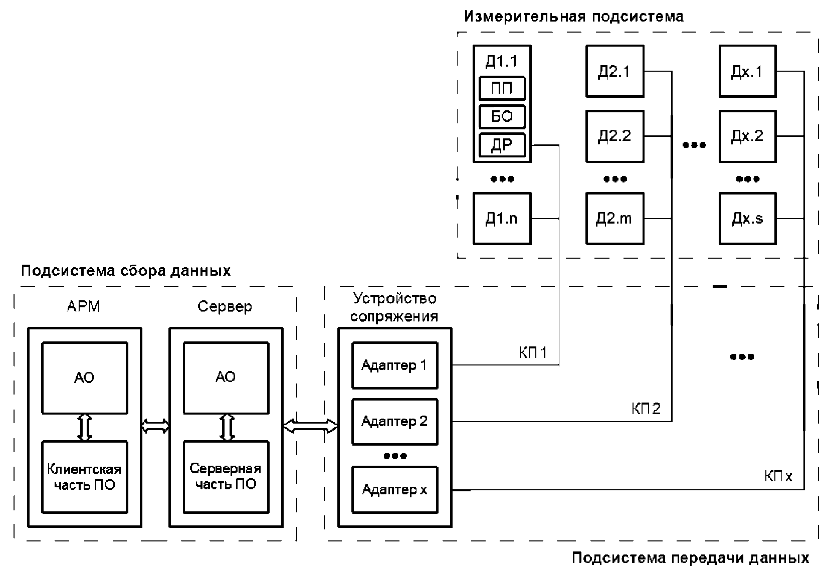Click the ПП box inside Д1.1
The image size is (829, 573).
pos(502,89)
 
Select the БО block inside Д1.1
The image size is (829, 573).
pos(502,117)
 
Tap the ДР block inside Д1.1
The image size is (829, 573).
pos(502,145)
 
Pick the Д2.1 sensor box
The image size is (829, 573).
pos(615,71)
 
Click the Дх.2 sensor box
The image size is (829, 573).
pos(747,136)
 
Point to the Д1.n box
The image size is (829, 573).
pos(502,219)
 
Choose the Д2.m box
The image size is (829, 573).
pos(615,219)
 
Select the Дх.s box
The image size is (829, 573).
pos(747,219)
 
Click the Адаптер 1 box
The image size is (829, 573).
pos(394,365)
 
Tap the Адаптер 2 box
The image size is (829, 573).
pos(394,422)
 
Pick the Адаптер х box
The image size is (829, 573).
pos(394,490)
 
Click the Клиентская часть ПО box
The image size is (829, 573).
pos(84,477)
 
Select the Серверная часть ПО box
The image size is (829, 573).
pos(226,477)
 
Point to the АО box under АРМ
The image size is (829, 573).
pos(84,377)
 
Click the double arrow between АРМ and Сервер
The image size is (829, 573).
pos(155,426)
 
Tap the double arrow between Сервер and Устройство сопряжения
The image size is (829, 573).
pos(310,426)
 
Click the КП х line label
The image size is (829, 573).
pos(778,476)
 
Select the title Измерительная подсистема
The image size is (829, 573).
pos(573,17)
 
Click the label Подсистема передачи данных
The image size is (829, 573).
pos(690,558)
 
